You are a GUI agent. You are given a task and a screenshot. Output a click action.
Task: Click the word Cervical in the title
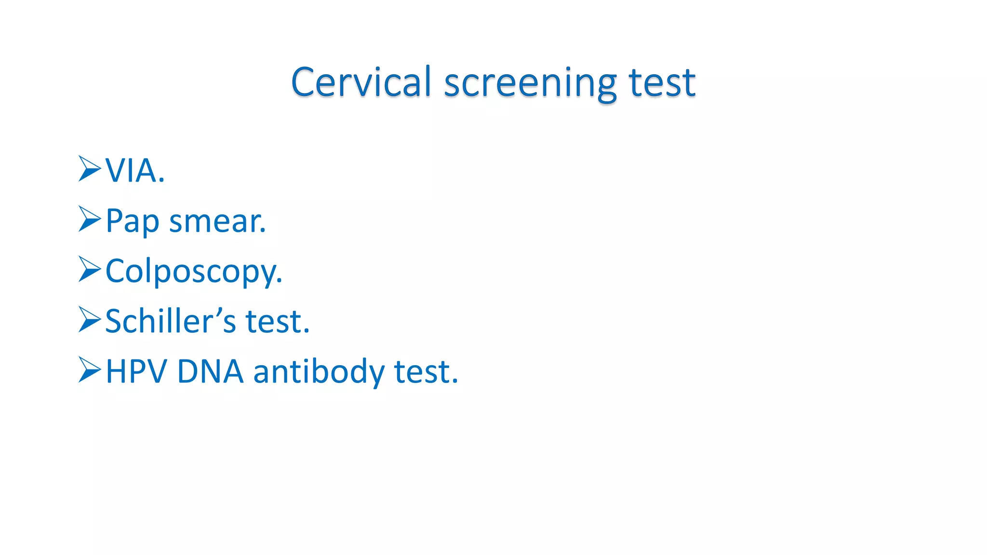(361, 82)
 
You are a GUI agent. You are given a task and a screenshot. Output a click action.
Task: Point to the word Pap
(132, 221)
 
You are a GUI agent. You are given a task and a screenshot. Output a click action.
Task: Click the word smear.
(217, 221)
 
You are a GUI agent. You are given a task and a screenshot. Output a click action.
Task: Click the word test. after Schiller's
(278, 321)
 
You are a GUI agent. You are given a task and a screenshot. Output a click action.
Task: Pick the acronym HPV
(136, 371)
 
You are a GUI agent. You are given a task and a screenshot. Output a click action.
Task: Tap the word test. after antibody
(426, 372)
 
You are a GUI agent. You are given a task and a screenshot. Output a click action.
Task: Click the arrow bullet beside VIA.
(90, 169)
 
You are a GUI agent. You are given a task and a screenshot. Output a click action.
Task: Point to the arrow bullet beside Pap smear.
(90, 219)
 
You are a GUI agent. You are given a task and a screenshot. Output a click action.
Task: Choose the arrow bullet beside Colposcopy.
(90, 269)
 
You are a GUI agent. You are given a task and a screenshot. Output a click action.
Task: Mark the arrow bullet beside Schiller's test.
(90, 319)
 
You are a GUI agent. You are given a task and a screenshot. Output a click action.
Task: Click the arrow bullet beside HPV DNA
(90, 370)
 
